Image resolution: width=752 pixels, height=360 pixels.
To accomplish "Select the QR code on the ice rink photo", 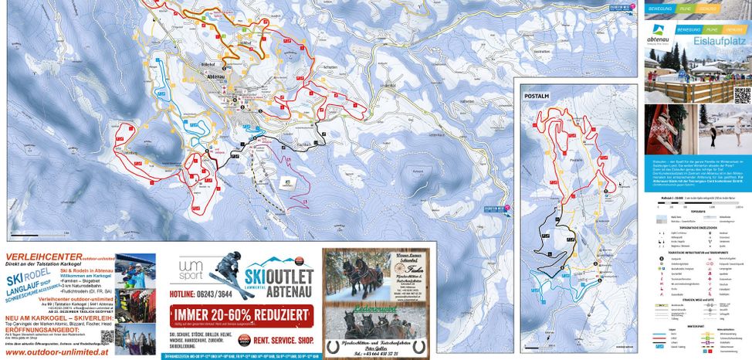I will point(742,96).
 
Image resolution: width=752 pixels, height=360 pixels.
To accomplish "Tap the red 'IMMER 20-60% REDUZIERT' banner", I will point(243,314).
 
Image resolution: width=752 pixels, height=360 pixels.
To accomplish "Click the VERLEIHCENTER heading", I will point(38,256).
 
